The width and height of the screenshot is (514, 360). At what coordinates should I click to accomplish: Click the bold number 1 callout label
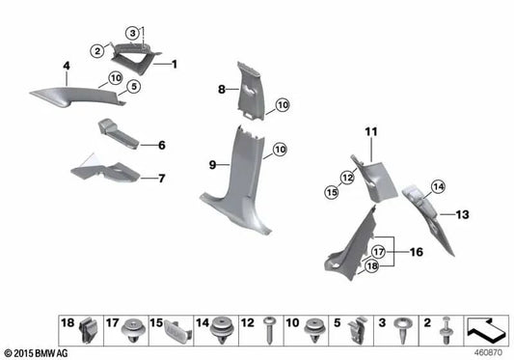[x=175, y=64]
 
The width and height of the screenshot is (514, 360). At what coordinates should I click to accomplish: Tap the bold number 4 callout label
[x=67, y=67]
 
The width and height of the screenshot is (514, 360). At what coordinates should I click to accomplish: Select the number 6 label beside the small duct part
[x=161, y=145]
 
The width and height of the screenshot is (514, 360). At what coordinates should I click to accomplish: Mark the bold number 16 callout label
[x=417, y=252]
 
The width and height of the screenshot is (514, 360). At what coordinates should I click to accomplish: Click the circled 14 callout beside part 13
[x=438, y=186]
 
